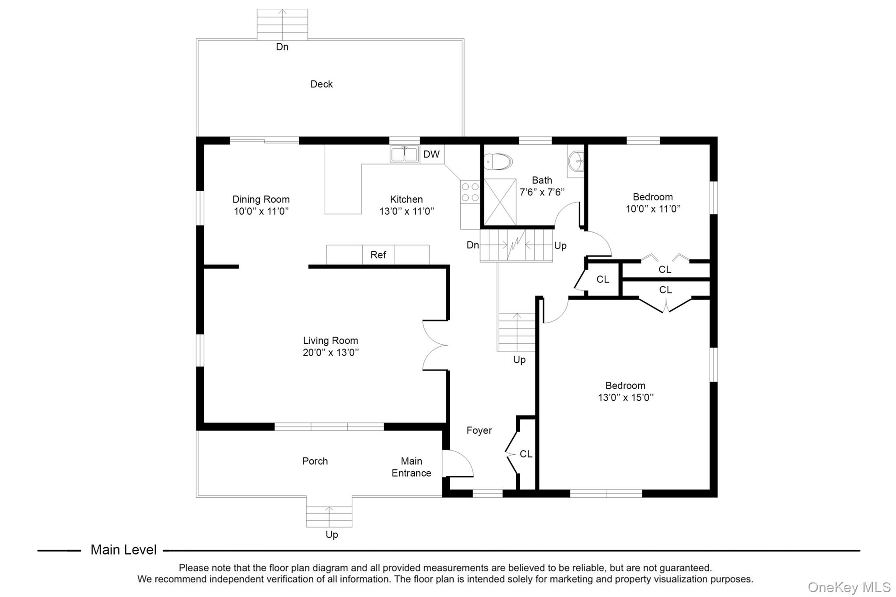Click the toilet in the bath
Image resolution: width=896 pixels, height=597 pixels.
(499, 161)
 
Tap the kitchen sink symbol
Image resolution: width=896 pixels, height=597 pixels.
(404, 154)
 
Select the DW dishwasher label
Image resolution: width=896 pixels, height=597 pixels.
(431, 154)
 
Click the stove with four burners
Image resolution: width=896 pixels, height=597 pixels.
(470, 192)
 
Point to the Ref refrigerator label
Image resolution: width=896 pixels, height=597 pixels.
(378, 255)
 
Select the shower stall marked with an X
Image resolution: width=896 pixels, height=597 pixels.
(500, 202)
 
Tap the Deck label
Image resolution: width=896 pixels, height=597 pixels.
(322, 84)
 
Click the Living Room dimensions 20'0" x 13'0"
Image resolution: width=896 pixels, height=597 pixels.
(331, 353)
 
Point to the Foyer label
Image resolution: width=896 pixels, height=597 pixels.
(479, 430)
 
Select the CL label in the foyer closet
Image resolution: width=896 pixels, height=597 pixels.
(526, 454)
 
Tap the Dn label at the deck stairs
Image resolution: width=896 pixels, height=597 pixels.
(282, 47)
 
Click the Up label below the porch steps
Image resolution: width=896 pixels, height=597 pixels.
(332, 534)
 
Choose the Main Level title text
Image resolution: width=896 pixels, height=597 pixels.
(123, 550)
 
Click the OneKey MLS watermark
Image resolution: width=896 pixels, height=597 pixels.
(849, 587)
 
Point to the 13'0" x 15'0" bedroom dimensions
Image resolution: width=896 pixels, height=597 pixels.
(626, 398)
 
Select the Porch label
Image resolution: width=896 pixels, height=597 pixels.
(315, 461)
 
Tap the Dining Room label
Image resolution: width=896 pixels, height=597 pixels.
(261, 199)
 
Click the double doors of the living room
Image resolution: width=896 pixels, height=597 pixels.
(434, 346)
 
